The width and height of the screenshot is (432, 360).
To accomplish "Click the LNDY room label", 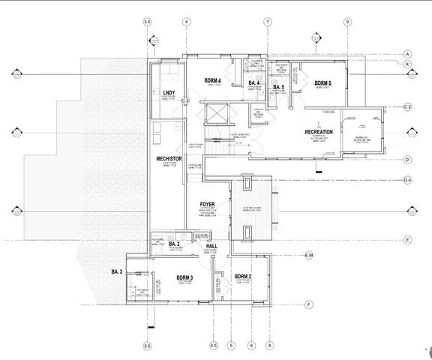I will [169, 93].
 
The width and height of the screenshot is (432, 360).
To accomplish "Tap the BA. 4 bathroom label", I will [254, 82].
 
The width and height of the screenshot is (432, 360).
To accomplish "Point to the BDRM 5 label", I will [322, 82].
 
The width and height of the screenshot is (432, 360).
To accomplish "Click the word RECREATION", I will [323, 132].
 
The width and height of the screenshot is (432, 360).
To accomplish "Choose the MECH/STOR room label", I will [166, 159].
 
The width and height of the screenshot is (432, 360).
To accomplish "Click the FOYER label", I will [208, 205].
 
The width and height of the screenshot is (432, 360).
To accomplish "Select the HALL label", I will [211, 246].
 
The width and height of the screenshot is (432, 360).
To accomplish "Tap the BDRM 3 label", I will [184, 277].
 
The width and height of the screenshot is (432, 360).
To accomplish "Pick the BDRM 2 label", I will [242, 277].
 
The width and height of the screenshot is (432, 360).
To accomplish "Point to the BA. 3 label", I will [117, 271].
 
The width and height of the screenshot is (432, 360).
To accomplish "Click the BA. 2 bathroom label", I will [174, 244].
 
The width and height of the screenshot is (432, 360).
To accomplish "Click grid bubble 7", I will [266, 22].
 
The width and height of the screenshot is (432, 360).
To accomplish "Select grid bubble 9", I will [347, 22].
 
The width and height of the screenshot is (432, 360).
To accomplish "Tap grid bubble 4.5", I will [213, 346].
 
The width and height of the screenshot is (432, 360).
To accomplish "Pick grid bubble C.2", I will [408, 108].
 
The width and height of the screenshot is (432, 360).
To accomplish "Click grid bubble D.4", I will [408, 180].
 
